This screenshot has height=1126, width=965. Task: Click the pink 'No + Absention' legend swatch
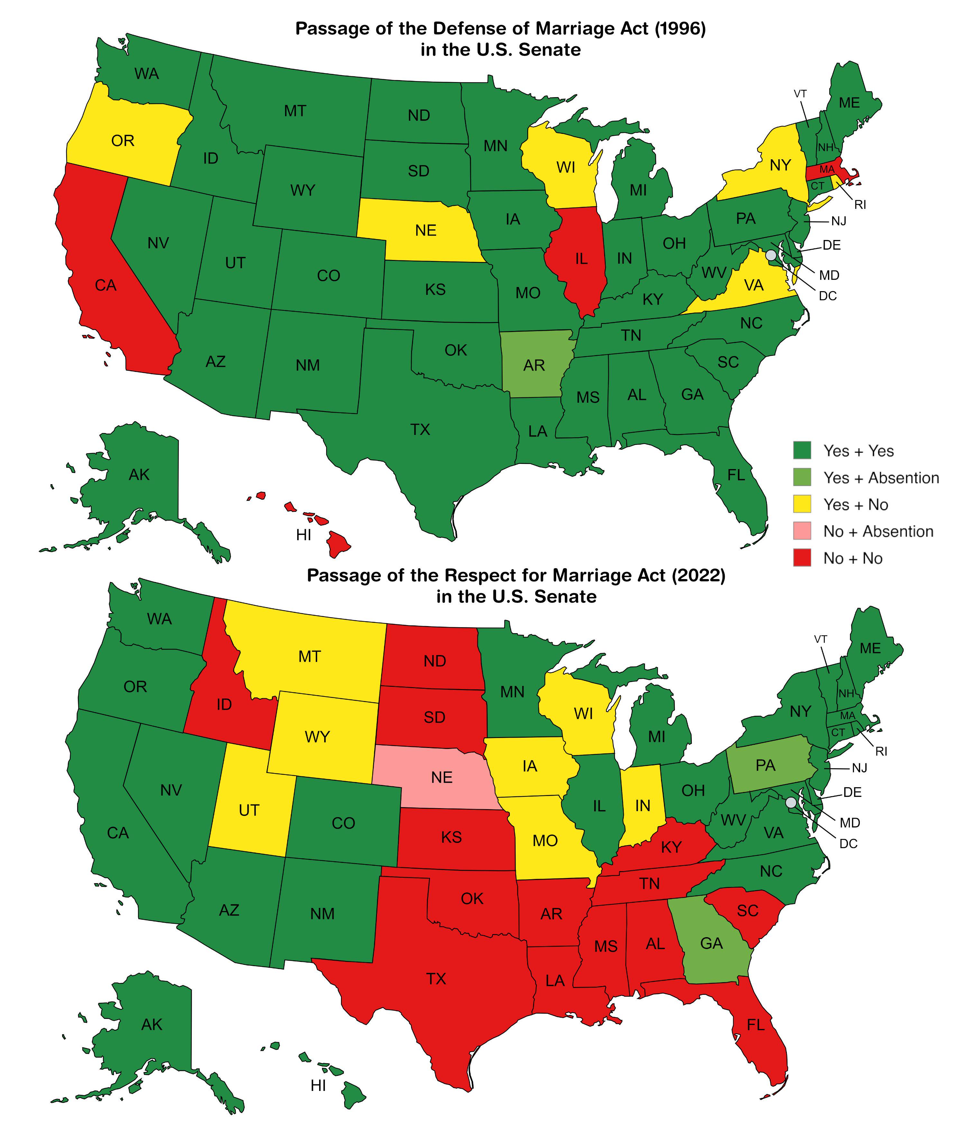[x=802, y=531]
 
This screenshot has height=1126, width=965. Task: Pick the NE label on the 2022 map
[x=441, y=778]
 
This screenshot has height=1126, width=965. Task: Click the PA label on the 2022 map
[x=765, y=766]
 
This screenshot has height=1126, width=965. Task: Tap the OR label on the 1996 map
[x=123, y=141]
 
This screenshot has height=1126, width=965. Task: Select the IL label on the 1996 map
[x=581, y=259]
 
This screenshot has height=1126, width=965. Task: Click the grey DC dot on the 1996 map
[x=770, y=255]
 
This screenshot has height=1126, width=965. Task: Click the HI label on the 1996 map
[x=304, y=535]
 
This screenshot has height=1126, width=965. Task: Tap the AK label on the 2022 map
[x=152, y=1024]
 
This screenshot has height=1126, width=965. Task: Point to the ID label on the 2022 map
[x=224, y=705]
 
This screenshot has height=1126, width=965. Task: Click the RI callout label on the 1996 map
[x=860, y=205]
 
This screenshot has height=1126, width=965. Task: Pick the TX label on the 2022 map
[x=436, y=979]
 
